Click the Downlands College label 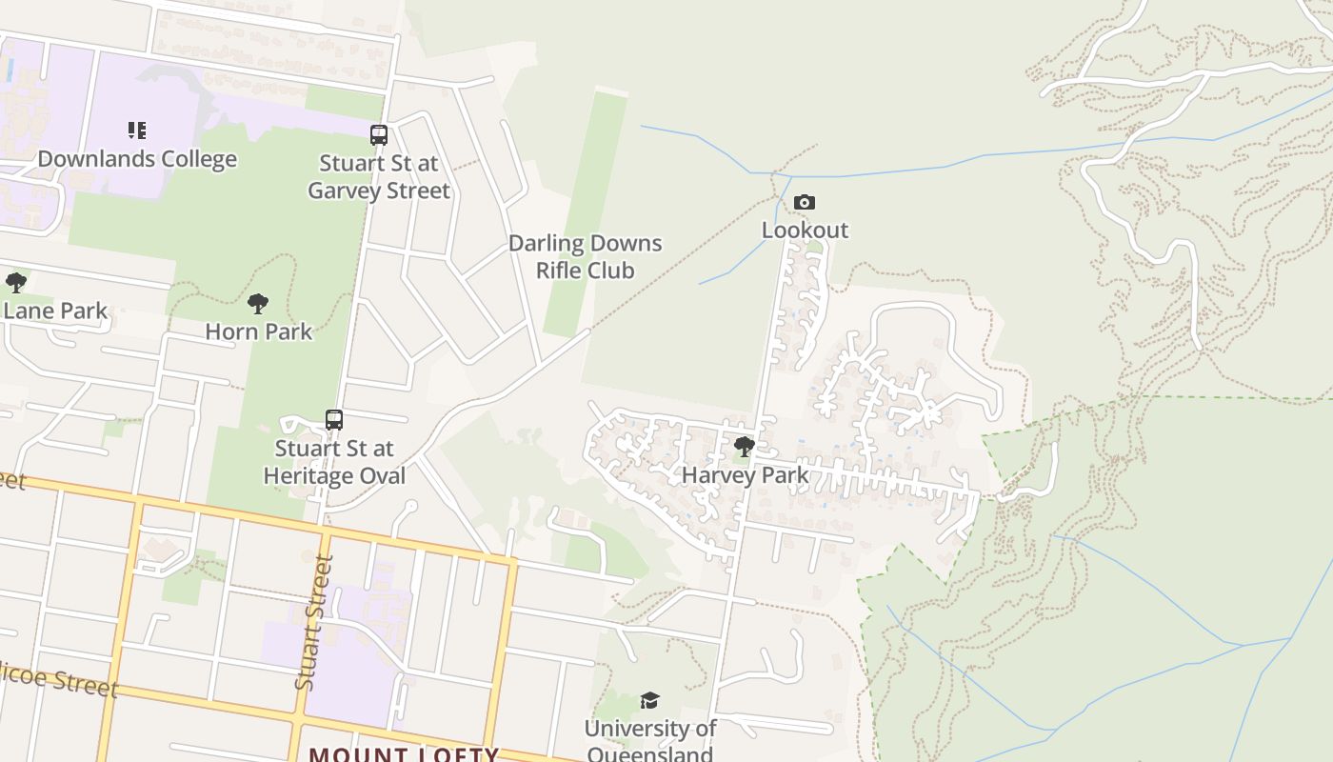point(137,159)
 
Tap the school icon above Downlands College point(137,130)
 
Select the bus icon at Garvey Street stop point(379,135)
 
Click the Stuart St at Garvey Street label point(379,177)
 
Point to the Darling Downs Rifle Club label point(585,257)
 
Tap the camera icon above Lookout point(805,203)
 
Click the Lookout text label point(805,231)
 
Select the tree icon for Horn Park point(257,305)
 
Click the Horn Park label point(259,332)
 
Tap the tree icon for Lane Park point(15,283)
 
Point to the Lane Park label point(55,311)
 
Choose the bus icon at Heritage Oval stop point(334,419)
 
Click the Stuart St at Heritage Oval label point(334,462)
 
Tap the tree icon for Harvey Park point(745,447)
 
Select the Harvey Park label point(746,474)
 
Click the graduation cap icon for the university point(649,701)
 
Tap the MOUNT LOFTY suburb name point(404,754)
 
